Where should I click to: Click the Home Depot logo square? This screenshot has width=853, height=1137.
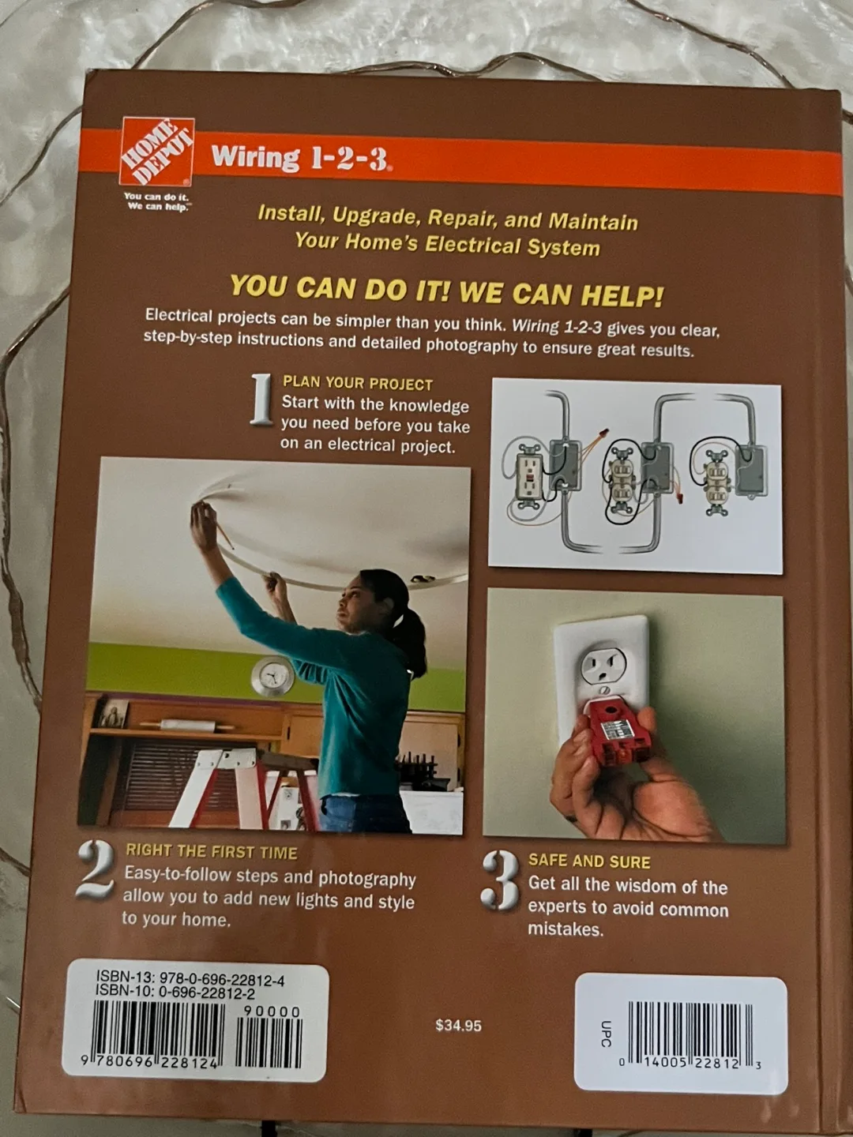click(157, 151)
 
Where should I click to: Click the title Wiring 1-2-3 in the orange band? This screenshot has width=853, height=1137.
click(300, 158)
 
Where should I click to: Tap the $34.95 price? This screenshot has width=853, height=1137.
click(458, 1026)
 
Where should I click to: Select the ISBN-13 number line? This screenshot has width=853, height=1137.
click(190, 980)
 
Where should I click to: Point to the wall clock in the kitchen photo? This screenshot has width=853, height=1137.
click(272, 677)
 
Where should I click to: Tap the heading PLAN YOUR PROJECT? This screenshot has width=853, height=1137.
click(358, 384)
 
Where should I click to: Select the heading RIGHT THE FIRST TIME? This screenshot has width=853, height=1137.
click(212, 852)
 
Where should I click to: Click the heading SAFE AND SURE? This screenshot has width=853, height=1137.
click(589, 861)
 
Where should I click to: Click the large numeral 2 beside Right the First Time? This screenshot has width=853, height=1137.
click(96, 869)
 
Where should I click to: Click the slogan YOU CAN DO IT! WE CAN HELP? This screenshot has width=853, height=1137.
click(446, 291)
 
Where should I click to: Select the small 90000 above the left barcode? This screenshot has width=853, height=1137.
click(272, 1012)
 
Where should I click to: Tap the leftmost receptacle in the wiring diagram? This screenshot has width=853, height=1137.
click(528, 475)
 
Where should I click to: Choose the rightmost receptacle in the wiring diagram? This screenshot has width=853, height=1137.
click(716, 478)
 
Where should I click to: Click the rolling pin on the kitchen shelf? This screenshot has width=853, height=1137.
click(187, 725)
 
